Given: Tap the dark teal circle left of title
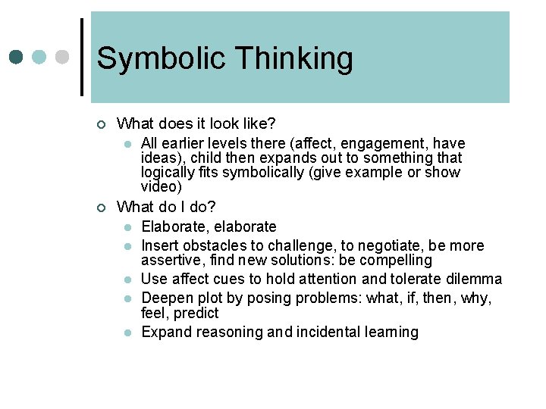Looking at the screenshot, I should coord(17,57).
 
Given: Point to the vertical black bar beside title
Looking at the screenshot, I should coord(82,57).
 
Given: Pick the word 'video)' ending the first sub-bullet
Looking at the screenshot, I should coord(162,186).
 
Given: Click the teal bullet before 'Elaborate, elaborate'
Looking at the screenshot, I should coord(128,227).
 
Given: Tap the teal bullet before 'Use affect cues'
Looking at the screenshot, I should coord(128,279).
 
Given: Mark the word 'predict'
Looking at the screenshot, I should coord(197,313).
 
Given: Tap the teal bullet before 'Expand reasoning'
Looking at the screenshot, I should coord(128,333).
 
